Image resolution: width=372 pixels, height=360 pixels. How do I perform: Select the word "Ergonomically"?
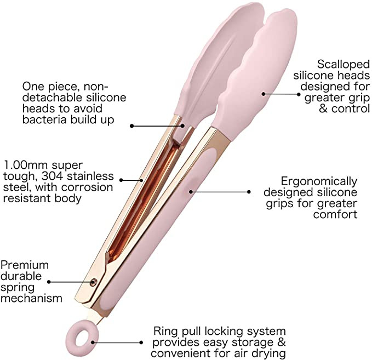[x=319, y=181]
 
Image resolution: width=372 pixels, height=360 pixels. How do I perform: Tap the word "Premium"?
[x=25, y=265]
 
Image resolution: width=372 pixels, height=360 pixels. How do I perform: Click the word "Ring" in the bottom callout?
[x=165, y=332]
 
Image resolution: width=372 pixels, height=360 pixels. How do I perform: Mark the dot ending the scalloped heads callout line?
[x=264, y=94]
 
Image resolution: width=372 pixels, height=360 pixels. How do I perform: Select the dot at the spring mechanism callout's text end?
[x=48, y=282]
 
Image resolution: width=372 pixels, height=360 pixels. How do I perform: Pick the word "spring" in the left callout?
[x=16, y=287]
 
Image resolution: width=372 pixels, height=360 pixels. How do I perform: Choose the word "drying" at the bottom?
[x=270, y=353]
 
